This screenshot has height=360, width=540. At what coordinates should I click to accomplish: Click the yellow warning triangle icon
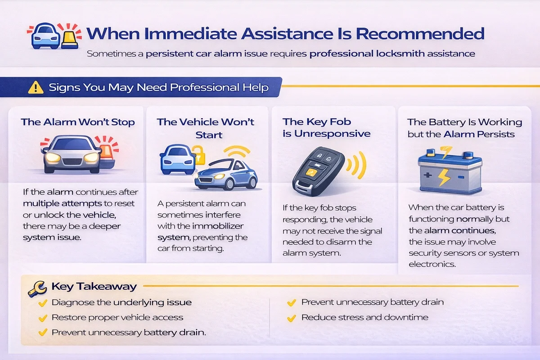pos(36,87)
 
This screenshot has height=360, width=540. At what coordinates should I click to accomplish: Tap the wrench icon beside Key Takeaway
pos(37,288)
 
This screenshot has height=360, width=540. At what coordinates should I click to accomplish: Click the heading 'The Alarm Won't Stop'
pos(77,122)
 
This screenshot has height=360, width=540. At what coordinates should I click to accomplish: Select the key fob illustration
pos(319,171)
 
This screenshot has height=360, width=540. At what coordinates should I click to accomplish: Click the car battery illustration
pos(450,170)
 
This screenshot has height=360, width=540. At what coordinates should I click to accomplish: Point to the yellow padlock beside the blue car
pos(198,155)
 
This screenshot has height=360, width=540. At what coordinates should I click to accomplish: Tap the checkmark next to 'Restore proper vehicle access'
pos(43,318)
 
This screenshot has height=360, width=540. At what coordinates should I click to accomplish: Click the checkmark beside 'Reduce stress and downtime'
pos(292,318)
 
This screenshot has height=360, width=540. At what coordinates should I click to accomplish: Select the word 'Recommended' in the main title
pos(420,33)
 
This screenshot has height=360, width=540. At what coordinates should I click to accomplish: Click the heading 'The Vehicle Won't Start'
pos(206,128)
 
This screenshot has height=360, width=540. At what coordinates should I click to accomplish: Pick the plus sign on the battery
pos(427,175)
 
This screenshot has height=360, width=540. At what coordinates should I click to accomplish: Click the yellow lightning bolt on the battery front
pos(444,177)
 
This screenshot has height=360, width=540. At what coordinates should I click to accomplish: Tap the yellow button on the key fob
pos(311,172)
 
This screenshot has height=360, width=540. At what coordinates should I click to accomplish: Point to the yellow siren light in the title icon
pos(70,40)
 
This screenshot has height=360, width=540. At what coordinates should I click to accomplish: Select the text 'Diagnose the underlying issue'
pos(122,302)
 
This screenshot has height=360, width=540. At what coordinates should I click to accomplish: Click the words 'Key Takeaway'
pos(94,287)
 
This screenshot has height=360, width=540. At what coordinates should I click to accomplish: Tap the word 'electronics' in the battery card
pos(432,264)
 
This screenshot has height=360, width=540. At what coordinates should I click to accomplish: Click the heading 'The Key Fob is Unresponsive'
pos(326,127)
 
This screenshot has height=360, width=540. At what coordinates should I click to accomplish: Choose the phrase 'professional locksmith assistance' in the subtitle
pos(392,54)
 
